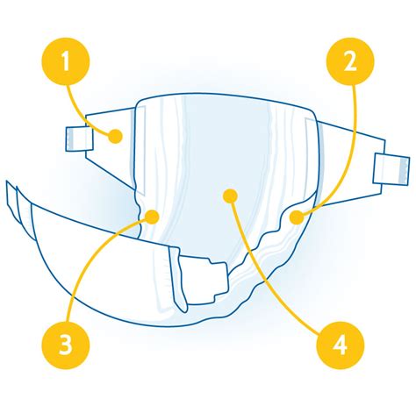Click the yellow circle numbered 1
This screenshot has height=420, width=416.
coord(66,61)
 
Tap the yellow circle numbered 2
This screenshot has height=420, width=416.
coord(350,61)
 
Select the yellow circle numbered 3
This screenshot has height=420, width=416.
coord(66,345)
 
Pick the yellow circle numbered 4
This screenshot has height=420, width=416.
coord(341,345)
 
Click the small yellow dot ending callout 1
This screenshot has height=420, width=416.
coord(115,136)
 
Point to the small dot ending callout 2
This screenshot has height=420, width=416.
coord(297,217)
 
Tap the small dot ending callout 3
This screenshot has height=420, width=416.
coord(152,217)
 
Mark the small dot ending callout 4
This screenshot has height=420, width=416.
coord(230,196)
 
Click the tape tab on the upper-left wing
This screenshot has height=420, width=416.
coord(79,139)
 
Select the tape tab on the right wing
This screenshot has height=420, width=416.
coord(391,169)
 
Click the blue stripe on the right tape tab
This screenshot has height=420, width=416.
coord(404,170)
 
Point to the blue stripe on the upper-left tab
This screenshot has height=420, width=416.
coord(69,138)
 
